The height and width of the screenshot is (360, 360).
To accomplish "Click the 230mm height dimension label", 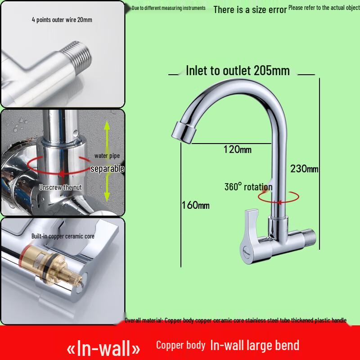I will click(x=304, y=169).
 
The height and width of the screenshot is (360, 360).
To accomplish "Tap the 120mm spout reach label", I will click(x=237, y=149).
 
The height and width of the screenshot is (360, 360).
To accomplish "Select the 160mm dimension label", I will click(x=195, y=206).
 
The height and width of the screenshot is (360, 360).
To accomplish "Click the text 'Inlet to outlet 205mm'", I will click(x=238, y=71).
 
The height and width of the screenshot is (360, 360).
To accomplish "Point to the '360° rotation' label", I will click(x=248, y=187).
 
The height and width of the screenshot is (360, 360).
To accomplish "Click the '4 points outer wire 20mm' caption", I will click(x=62, y=20).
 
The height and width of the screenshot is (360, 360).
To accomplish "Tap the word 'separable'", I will click(x=107, y=169).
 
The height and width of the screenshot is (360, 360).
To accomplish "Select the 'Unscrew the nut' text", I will click(x=59, y=187).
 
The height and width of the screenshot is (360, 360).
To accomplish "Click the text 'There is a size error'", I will click(x=250, y=9).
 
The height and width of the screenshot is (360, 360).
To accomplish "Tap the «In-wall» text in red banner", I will click(x=103, y=347).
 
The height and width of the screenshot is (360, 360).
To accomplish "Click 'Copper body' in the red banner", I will click(x=181, y=345).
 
